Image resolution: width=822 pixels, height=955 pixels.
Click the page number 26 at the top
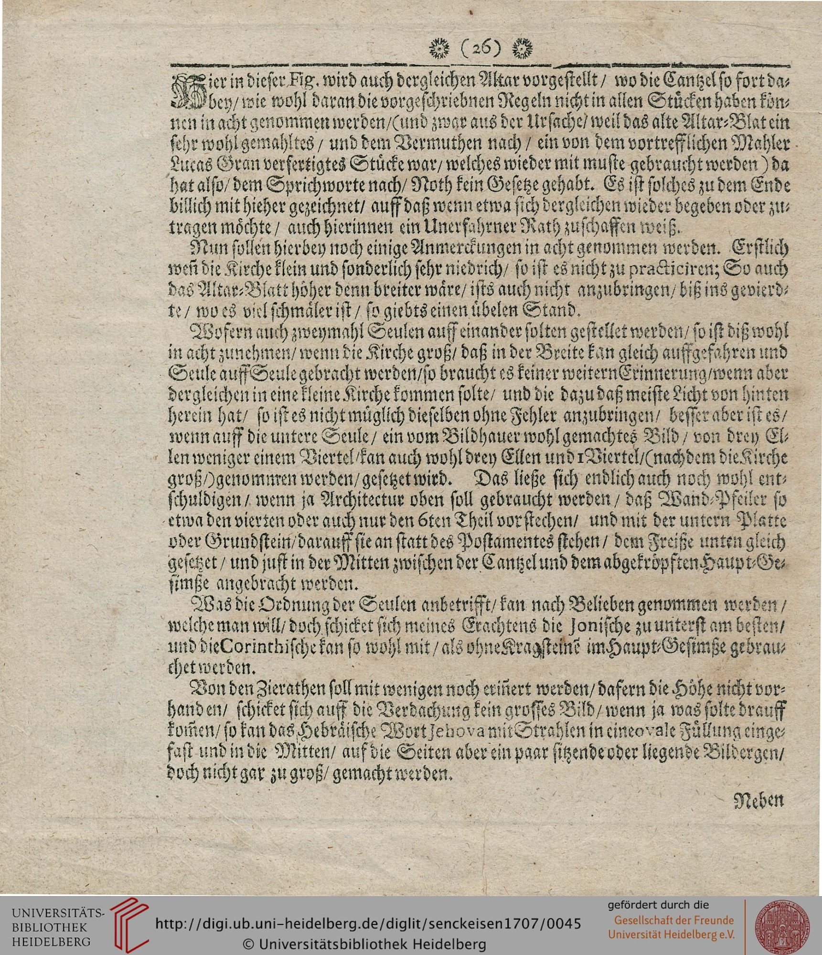[480, 47]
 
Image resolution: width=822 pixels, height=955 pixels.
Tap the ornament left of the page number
[439, 47]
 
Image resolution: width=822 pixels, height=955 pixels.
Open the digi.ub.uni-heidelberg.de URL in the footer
[368, 924]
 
